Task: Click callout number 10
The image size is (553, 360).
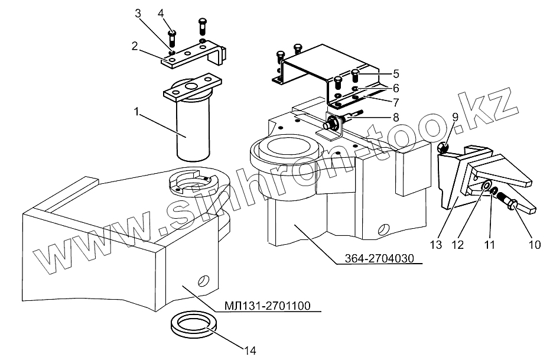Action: pos(535,244)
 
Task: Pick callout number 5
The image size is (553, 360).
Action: pos(395,74)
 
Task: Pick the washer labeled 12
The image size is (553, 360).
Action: pos(486,188)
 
